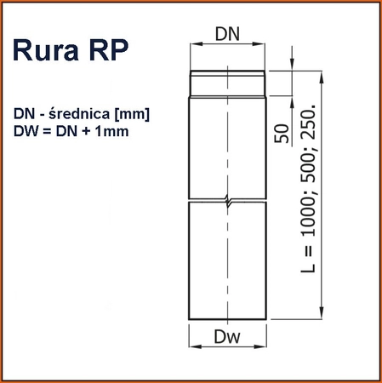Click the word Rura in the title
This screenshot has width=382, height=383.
[x=49, y=50]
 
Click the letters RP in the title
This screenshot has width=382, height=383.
[x=108, y=50]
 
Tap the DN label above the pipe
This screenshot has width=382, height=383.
[x=225, y=33]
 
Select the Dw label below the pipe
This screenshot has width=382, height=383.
[x=225, y=337]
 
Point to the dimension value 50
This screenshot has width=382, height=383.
[x=283, y=134]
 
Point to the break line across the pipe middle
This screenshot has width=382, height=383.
[x=225, y=203]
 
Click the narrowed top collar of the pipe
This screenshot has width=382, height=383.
[x=225, y=83]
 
